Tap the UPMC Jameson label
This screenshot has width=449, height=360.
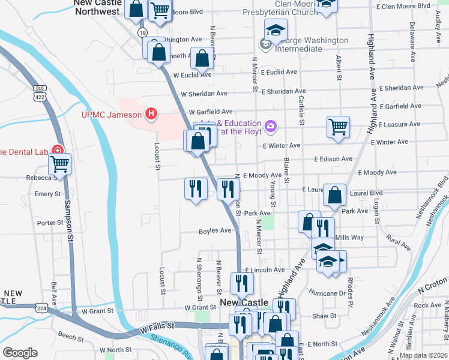112,115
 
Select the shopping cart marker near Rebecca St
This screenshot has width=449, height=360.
59,163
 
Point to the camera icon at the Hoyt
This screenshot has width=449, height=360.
271,125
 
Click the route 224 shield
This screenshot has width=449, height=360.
41,308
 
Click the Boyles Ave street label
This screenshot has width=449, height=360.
215,231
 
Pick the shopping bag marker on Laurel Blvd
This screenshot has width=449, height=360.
335,194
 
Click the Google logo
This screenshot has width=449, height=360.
20,353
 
